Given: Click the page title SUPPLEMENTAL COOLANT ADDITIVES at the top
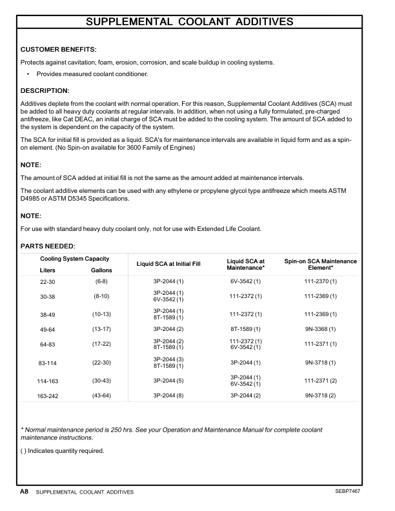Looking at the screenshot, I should coord(190,21).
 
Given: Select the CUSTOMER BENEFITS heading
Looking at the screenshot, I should coord(59,50).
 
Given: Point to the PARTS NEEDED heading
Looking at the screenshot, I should coord(48,246).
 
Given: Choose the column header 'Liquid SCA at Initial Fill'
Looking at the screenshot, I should coord(168,265).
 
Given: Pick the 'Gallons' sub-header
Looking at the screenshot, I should coord(101,270).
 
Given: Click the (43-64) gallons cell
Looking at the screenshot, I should coord(101,395).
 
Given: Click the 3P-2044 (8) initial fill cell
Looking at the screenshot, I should coord(168,395).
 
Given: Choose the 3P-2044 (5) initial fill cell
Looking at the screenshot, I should coord(168,381).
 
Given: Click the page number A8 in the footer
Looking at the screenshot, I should coord(24,492).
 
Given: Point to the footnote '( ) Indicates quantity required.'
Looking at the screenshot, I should coord(63,450).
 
